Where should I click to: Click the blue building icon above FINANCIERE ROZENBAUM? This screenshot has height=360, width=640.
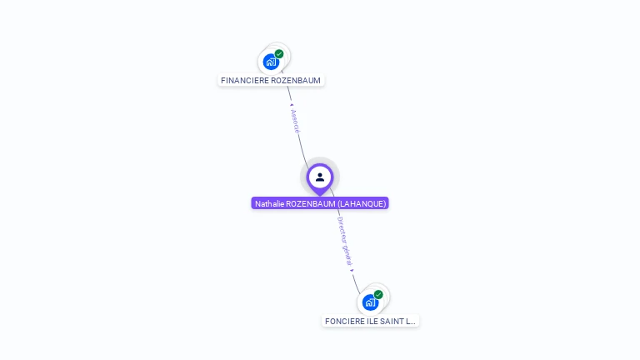coord(270,62)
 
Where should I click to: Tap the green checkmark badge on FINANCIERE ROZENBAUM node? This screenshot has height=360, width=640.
coord(279,53)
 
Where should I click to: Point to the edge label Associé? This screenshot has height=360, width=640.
coord(294,121)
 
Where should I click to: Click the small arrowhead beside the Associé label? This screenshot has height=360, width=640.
coord(291,106)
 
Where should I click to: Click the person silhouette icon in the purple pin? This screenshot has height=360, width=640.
coord(320,177)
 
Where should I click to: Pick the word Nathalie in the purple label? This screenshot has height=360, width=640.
coord(269,203)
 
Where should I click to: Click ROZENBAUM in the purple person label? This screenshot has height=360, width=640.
coord(309,203)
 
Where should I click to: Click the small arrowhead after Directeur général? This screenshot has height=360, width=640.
coord(352,270)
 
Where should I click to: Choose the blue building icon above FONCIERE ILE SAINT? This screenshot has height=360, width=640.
coord(369,302)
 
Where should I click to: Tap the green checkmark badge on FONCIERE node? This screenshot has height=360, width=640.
coord(378,294)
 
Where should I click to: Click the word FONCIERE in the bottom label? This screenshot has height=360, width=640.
coord(344,322)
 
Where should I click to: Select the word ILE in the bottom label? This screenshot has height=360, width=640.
coord(372,322)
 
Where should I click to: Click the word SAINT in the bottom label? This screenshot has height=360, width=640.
coord(392,322)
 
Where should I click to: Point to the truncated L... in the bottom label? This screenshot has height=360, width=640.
coord(410,322)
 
